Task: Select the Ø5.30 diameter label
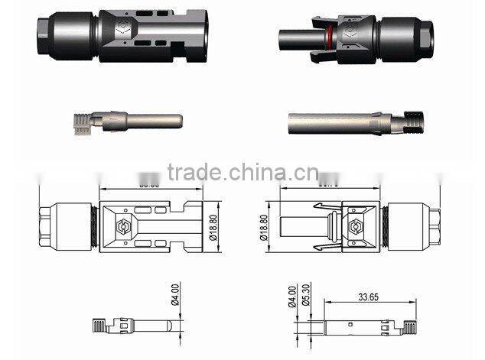(306, 294)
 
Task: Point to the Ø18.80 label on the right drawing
(264, 228)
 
